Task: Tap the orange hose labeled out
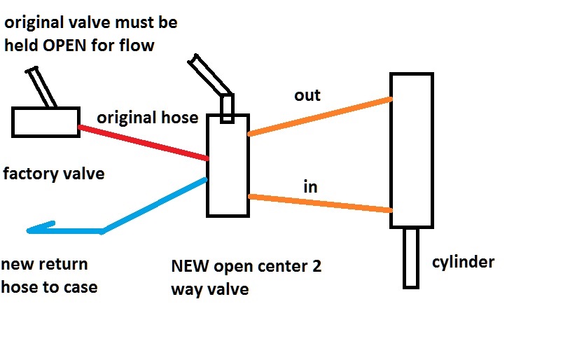point(319,116)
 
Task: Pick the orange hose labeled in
point(319,203)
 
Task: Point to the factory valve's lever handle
point(42,87)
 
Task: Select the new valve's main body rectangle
point(228,168)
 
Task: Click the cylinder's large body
point(412,150)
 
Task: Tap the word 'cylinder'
point(464,263)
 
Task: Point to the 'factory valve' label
point(54,173)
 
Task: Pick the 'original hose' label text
point(148,117)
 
